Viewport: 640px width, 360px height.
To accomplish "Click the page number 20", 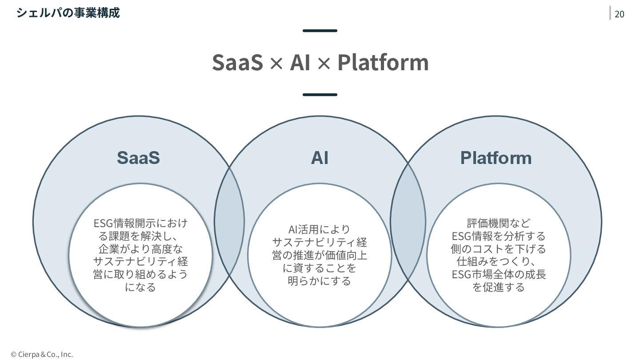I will (x=619, y=14).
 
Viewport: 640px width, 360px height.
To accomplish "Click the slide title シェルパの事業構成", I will (x=68, y=12).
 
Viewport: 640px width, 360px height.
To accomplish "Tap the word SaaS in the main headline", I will (x=238, y=62).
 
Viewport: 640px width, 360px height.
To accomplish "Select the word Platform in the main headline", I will (x=383, y=62).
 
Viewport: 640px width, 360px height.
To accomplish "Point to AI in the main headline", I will (x=300, y=62).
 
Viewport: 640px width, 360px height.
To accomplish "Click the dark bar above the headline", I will (x=320, y=31).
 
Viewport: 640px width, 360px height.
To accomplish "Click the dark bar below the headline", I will (x=320, y=95).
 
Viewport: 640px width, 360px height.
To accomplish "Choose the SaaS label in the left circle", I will (x=138, y=158).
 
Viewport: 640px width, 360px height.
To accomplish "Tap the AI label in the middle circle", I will (x=320, y=158).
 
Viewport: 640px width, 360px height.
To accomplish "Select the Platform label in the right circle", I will (x=496, y=158).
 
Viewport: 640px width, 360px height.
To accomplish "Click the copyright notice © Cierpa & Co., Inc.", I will (x=42, y=354).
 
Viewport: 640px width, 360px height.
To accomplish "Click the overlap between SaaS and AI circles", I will (x=230, y=221).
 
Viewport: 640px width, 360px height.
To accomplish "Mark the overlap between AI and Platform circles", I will (x=408, y=221).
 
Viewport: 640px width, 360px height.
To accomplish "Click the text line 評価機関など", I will (x=499, y=223).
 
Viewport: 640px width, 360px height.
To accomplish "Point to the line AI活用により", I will (x=320, y=229).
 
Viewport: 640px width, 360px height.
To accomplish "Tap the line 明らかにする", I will (x=320, y=281).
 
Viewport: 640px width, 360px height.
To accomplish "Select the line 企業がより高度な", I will (x=140, y=248).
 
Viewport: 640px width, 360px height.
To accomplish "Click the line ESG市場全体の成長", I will (x=499, y=274).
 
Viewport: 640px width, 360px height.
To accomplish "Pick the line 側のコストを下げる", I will (x=499, y=248).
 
